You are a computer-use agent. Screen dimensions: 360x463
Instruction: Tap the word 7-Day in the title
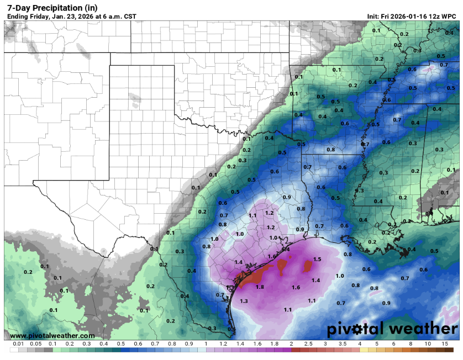pyautogui.click(x=17, y=7)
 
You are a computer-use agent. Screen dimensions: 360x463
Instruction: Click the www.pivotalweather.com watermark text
pyautogui.click(x=52, y=336)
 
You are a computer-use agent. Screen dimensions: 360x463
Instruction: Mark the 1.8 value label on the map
pyautogui.click(x=260, y=287)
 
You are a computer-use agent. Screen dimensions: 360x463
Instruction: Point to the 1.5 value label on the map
pyautogui.click(x=317, y=259)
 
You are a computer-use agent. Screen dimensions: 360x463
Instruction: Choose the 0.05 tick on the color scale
pyautogui.click(x=35, y=343)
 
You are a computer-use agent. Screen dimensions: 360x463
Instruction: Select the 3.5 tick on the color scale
pyautogui.click(x=343, y=343)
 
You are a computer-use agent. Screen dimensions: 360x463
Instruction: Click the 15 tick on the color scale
pyautogui.click(x=445, y=343)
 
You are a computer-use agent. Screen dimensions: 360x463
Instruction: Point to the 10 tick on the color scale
pyautogui.click(x=428, y=343)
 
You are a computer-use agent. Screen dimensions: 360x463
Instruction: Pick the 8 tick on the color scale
pyautogui.click(x=411, y=343)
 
